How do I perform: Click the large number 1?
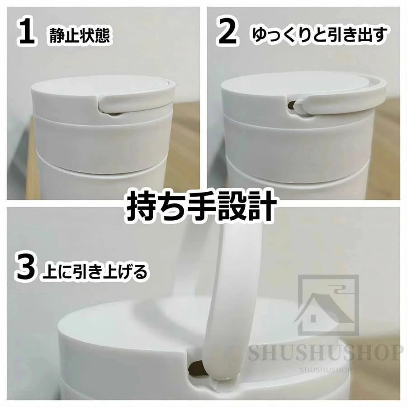pos(27,33)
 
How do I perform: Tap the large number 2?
pos(227,33)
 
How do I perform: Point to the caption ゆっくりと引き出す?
pos(320,34)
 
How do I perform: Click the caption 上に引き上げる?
pos(95,271)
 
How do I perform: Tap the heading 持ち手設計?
pos(201,207)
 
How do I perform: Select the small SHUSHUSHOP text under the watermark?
pos(325,369)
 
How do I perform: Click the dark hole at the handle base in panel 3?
pos(196,369)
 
